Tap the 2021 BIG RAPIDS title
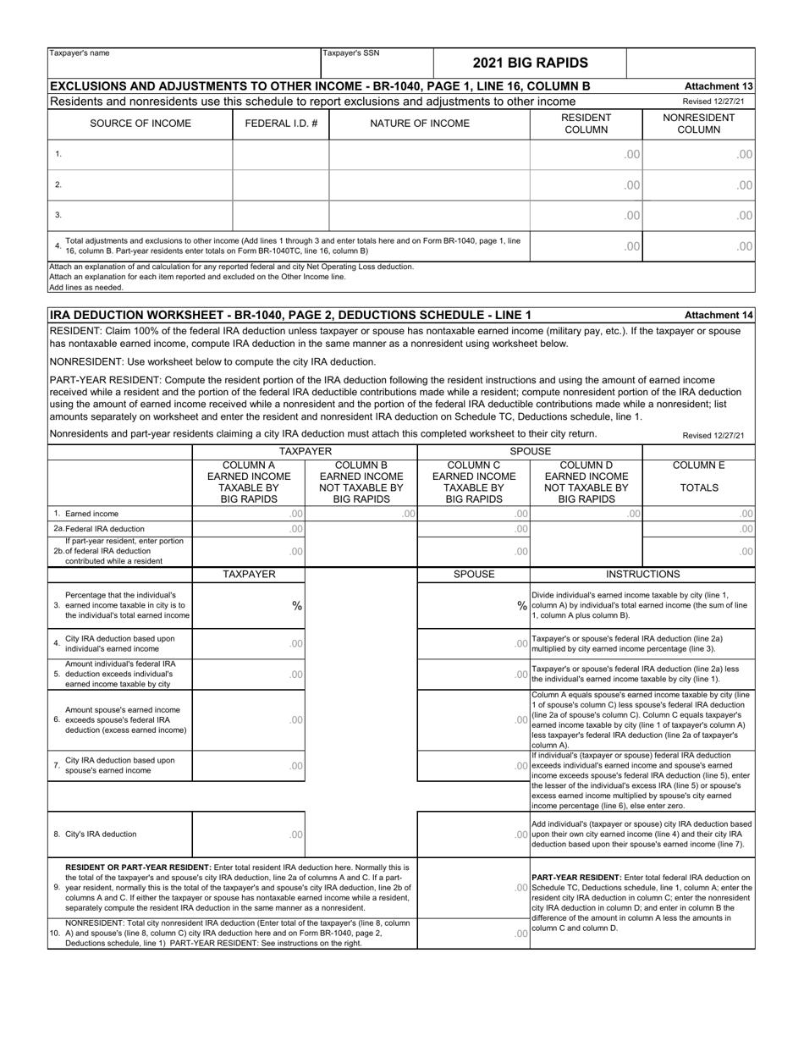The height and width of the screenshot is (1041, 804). tap(530, 63)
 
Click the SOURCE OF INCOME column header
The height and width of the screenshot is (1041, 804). tap(140, 124)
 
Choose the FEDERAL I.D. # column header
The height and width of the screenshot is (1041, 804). tap(281, 124)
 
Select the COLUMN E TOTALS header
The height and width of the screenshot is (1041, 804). tap(698, 476)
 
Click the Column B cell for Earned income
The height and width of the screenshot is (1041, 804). tap(361, 514)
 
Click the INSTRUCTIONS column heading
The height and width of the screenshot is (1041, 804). tap(642, 574)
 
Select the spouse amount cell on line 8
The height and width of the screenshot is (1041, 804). tap(474, 834)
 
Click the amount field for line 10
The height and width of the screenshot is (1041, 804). tap(474, 933)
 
